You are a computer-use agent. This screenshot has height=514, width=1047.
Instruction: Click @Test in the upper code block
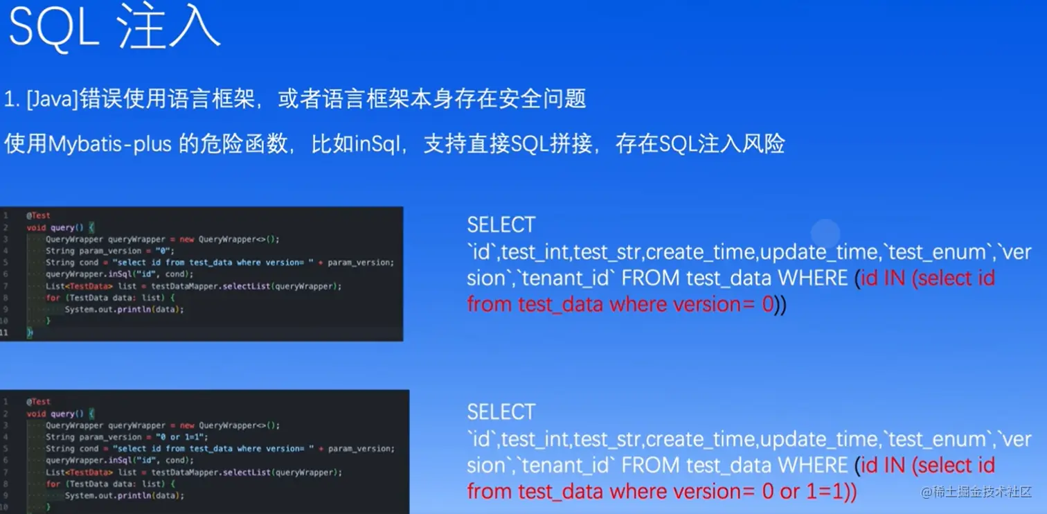click(x=39, y=215)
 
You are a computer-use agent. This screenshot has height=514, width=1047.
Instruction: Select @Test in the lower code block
click(x=39, y=402)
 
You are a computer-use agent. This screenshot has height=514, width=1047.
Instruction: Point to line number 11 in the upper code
click(x=4, y=333)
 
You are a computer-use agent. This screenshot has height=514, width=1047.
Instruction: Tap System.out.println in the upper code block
click(x=105, y=309)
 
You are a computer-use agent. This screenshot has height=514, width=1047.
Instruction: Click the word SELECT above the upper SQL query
click(x=501, y=225)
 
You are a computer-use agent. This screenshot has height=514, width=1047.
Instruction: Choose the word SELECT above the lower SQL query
click(x=501, y=412)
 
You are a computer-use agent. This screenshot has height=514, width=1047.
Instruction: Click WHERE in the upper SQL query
click(x=813, y=278)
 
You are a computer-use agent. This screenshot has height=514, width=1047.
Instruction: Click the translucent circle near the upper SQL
click(x=825, y=233)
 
